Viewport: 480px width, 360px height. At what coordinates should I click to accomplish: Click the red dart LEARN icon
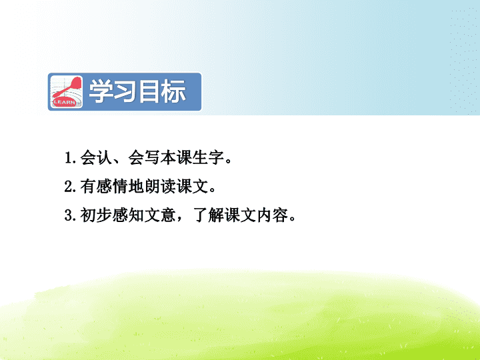point(67,91)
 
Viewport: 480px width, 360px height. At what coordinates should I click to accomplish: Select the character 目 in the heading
point(150,91)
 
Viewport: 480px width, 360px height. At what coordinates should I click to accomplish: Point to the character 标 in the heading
point(173,91)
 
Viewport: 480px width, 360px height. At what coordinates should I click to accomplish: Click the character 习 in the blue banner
point(125,91)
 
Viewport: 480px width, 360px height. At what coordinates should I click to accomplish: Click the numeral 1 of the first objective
point(68,158)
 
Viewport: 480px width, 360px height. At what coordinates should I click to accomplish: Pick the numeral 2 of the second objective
point(68,187)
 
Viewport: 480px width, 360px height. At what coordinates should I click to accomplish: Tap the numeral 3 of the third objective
point(68,215)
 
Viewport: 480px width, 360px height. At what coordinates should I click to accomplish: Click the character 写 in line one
point(152,157)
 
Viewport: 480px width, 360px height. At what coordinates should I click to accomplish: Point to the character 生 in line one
point(200,157)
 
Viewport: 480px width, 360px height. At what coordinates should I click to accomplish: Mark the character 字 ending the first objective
point(216,157)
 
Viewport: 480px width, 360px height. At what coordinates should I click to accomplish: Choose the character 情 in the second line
point(120,187)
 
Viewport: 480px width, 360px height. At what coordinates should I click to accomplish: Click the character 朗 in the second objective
point(152,187)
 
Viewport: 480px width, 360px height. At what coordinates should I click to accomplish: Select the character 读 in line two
point(169,187)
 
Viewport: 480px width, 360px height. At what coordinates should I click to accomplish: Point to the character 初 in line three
point(88,215)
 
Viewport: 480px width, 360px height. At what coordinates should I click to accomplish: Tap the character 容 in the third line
point(281,215)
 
